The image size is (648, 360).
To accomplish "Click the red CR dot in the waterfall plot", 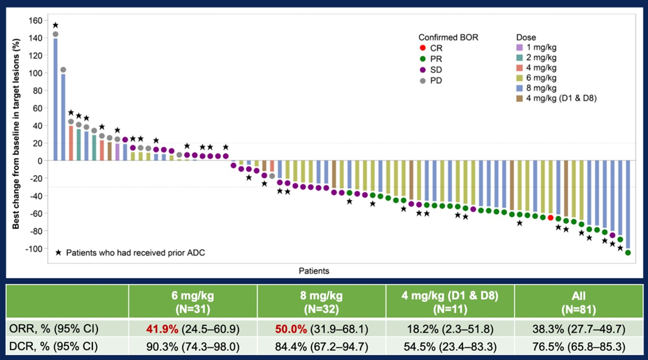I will (550, 217).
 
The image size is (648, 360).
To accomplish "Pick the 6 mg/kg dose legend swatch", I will (519, 79).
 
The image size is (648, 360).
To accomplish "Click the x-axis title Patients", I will (314, 271).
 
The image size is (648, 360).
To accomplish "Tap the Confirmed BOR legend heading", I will (449, 38).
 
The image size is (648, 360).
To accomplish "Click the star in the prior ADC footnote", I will (59, 252).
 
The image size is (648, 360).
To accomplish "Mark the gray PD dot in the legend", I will (423, 80).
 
